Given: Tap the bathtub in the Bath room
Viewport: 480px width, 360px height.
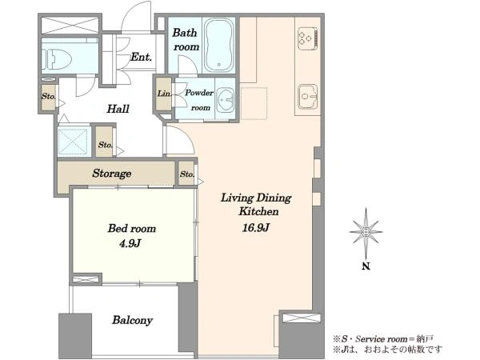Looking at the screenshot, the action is click(218, 46).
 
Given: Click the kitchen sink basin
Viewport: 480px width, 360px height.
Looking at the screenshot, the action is click(308, 97).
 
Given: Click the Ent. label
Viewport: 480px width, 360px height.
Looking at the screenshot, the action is click(141, 57).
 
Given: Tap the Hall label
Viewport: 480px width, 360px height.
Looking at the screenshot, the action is click(118, 109).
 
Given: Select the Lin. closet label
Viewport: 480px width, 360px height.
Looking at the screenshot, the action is click(164, 94).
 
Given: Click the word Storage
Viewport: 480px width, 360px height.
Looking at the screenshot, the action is click(112, 174).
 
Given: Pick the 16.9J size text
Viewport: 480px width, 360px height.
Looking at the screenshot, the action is click(256, 228).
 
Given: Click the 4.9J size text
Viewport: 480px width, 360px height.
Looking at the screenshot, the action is click(130, 244).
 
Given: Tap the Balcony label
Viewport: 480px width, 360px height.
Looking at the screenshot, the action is click(132, 320).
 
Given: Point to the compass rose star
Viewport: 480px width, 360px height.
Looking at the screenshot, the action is click(366, 232).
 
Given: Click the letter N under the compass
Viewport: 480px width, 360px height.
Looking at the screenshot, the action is click(366, 266).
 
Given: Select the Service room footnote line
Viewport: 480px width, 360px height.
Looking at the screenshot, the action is click(383, 339).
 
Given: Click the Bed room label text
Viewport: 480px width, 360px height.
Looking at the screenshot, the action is click(132, 228).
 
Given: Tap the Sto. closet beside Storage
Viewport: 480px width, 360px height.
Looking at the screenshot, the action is click(186, 174).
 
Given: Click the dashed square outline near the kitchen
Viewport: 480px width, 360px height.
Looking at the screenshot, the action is click(254, 103).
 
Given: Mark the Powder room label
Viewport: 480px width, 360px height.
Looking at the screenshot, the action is click(199, 100).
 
